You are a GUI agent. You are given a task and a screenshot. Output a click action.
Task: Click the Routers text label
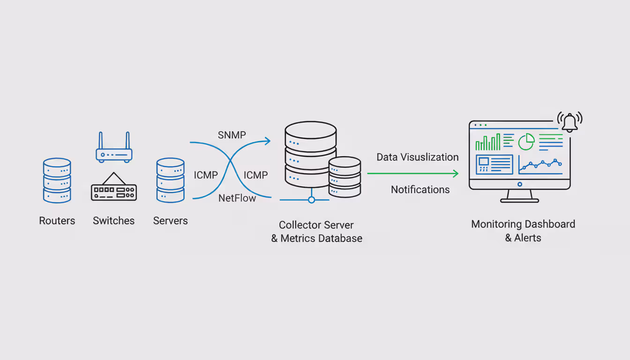[x=57, y=221]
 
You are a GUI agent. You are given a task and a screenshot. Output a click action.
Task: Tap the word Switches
[x=113, y=221]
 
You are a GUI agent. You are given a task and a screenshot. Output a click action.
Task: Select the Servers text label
[x=170, y=221]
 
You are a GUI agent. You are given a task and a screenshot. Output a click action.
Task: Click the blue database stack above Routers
[x=57, y=180]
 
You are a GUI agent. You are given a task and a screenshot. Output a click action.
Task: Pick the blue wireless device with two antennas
[x=114, y=149]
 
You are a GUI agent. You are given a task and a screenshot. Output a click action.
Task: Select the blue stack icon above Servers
[x=170, y=180]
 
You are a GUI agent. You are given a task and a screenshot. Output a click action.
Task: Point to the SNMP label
[x=232, y=135]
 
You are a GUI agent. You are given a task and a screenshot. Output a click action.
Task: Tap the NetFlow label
[x=237, y=198]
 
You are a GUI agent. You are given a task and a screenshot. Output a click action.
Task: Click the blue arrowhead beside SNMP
[x=268, y=141]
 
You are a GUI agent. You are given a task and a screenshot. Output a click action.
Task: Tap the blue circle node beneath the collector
[x=311, y=200]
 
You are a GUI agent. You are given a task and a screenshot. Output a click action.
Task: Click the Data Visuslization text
[x=417, y=157]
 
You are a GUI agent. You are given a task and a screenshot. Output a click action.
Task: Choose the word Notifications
[x=420, y=190]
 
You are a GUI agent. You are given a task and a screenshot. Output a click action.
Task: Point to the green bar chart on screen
[x=488, y=142]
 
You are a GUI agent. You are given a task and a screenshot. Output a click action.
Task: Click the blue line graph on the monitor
[x=540, y=164]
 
